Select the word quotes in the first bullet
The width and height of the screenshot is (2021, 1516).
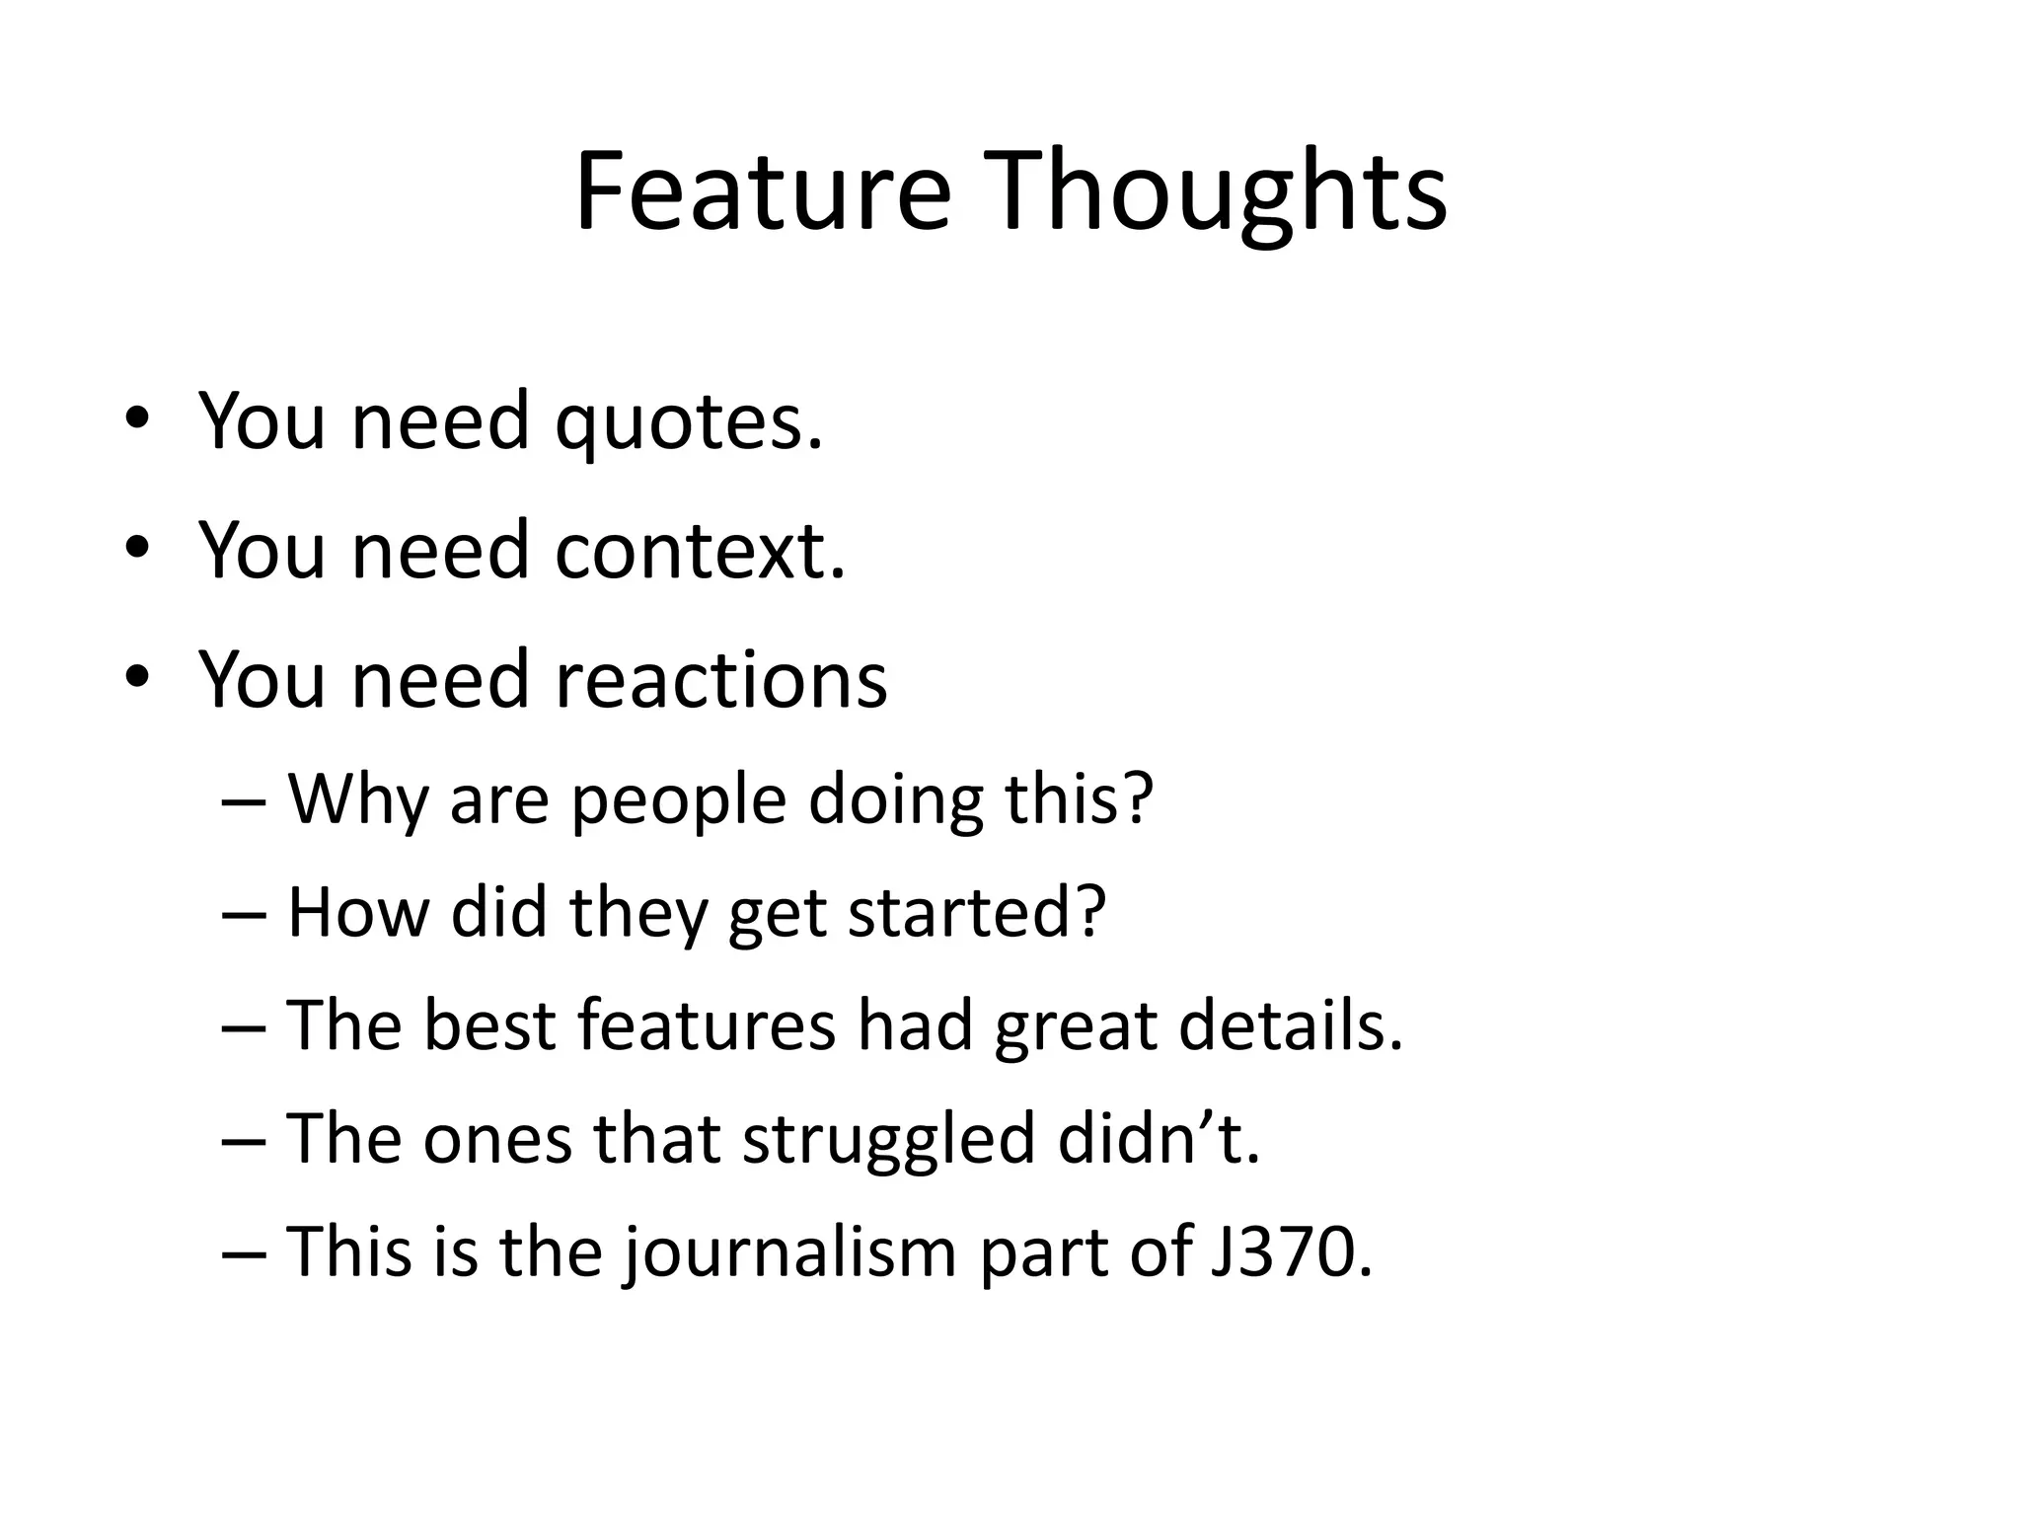(688, 421)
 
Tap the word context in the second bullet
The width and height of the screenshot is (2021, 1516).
(700, 551)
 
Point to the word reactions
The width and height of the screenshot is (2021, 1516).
(721, 680)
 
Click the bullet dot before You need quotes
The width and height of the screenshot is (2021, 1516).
(137, 419)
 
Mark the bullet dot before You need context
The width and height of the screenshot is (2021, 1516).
(137, 549)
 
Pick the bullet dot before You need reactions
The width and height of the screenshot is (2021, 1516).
(137, 678)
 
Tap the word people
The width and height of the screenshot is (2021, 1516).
(679, 800)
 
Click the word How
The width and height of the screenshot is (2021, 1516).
(358, 912)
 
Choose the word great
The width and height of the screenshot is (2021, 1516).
(1076, 1027)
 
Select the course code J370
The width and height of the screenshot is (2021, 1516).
(1290, 1251)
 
